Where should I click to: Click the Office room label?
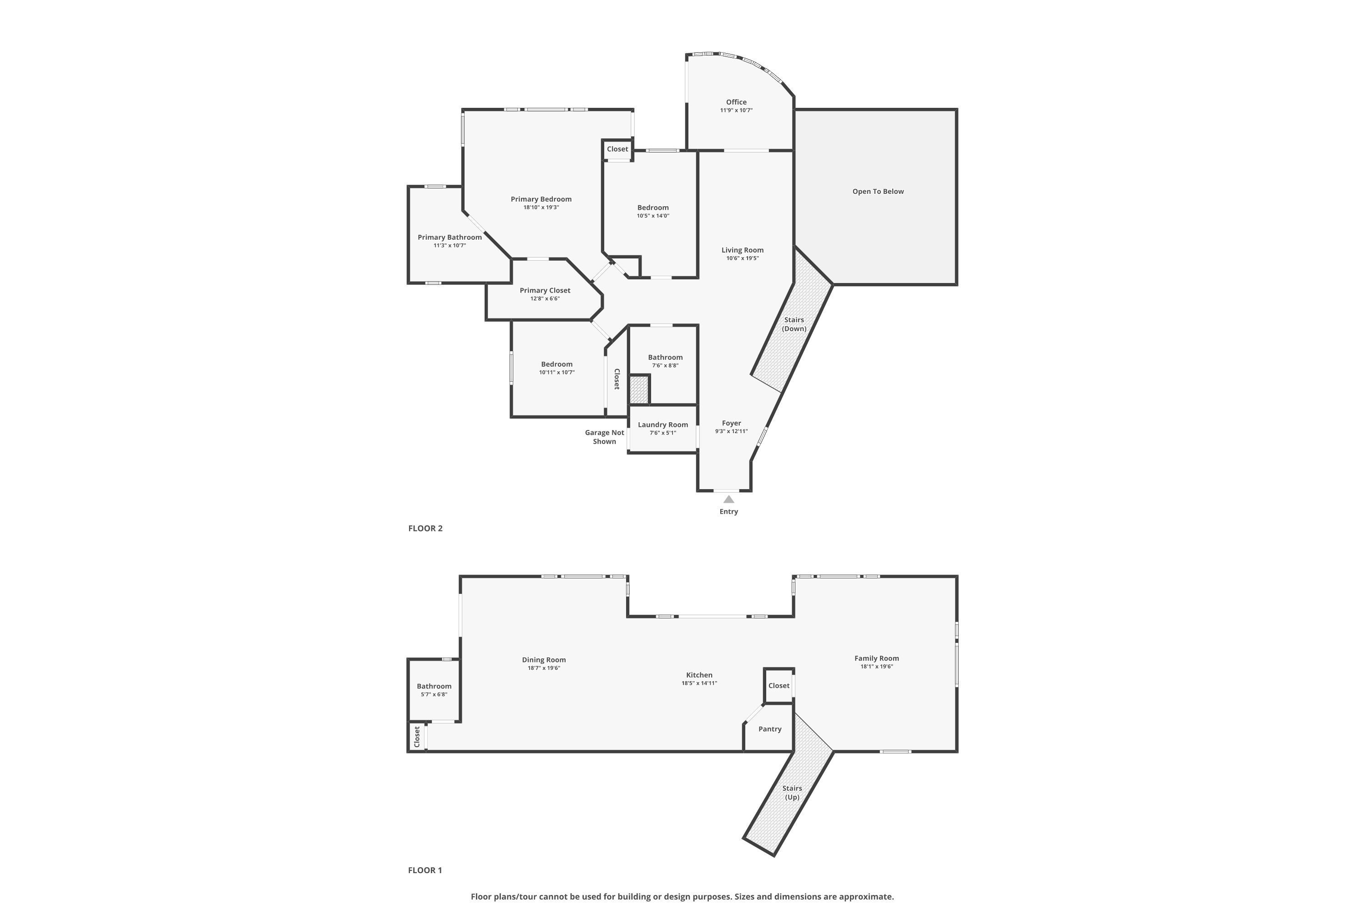tap(736, 102)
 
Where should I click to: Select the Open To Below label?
tap(878, 192)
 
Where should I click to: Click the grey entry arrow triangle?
tap(729, 499)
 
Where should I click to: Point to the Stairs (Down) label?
tap(794, 324)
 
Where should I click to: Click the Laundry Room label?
tap(663, 425)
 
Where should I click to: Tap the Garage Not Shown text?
tap(604, 437)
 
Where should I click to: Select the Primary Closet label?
tap(545, 291)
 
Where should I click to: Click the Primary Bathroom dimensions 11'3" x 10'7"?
tap(450, 246)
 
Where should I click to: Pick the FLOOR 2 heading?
tap(425, 528)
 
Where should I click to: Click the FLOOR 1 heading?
tap(425, 870)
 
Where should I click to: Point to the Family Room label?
tap(876, 658)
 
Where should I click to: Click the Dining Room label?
tap(544, 660)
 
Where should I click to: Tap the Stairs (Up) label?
tap(792, 793)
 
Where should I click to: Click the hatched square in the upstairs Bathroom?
tap(639, 389)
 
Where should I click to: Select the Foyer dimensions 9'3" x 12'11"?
tap(731, 432)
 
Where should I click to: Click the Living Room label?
tap(742, 250)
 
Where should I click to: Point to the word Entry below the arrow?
tap(729, 512)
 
